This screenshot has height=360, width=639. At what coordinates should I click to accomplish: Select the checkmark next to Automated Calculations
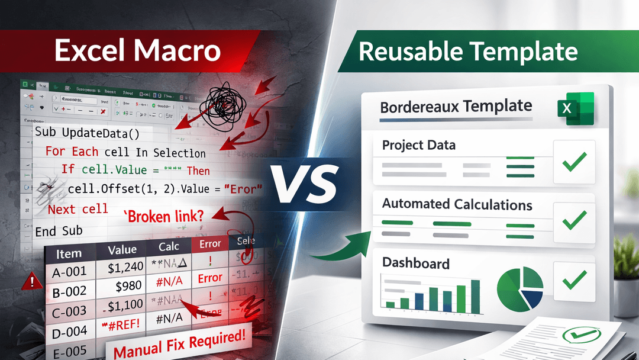(573, 221)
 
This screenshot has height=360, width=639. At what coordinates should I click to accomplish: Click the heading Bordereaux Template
(456, 107)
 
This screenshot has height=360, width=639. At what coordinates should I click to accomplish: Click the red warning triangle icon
(28, 282)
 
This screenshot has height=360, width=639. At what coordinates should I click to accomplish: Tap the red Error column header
(210, 243)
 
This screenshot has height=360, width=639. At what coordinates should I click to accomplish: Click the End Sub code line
(59, 231)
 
